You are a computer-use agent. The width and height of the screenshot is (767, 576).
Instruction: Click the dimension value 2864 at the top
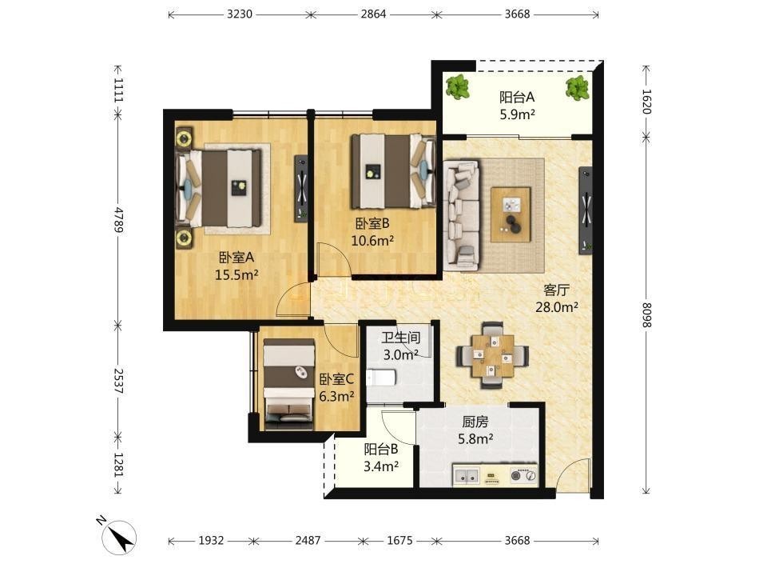tap(373, 14)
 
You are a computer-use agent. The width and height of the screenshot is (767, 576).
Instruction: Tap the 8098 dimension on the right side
tap(646, 315)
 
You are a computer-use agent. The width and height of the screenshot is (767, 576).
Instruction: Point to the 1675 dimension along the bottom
tap(399, 540)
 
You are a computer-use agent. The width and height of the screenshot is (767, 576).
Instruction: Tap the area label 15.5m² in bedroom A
tap(236, 274)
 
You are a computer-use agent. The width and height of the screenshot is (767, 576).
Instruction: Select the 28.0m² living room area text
tap(557, 307)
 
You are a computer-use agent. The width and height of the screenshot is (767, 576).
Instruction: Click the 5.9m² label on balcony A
tap(517, 114)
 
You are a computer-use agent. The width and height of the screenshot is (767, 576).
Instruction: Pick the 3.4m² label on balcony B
tap(380, 466)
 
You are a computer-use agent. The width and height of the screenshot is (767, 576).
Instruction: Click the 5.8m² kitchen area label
tap(475, 439)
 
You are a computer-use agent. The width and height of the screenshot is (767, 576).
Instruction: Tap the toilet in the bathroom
tap(381, 378)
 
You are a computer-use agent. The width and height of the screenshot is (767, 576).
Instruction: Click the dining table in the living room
tap(493, 355)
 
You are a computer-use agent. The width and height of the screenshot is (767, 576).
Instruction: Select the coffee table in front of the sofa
tap(511, 214)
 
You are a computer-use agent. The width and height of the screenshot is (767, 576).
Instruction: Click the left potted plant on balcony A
tap(458, 88)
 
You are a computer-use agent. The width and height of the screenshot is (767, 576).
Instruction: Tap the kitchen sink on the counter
tap(466, 475)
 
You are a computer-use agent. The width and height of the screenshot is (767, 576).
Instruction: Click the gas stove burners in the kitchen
tap(523, 475)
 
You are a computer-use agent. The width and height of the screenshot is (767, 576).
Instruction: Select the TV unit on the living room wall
tap(586, 210)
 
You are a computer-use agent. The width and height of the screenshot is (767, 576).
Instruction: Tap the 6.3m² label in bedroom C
tap(336, 396)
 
